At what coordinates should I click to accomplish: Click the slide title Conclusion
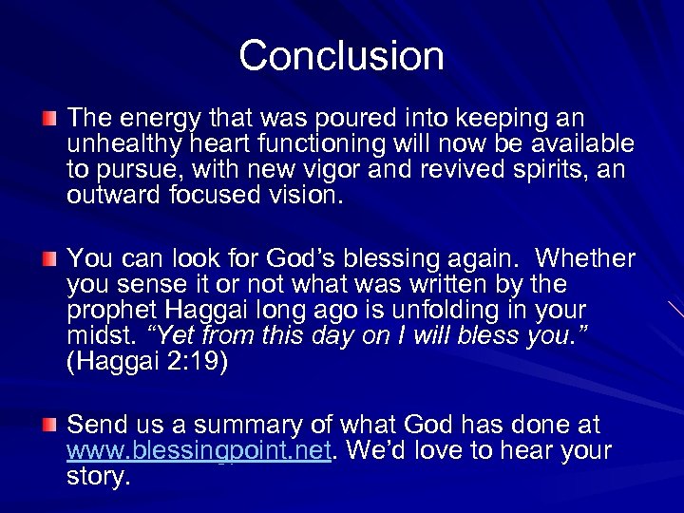tap(341, 55)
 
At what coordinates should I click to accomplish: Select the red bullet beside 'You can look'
tap(49, 259)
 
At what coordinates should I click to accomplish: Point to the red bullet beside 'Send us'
tap(49, 425)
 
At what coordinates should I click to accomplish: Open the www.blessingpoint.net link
tap(199, 451)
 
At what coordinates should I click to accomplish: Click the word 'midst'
tap(101, 336)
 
